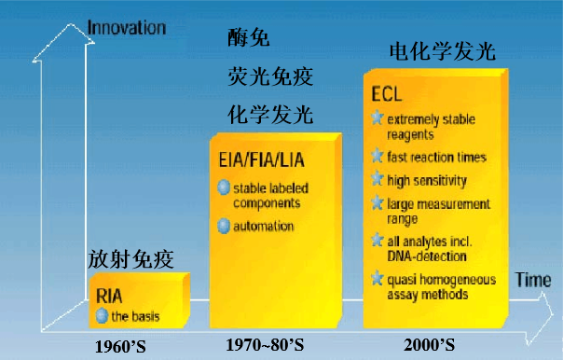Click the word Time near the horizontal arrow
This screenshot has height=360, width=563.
534,280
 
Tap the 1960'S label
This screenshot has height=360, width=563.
133,346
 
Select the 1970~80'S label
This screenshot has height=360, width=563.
265,346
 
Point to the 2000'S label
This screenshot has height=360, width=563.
429,346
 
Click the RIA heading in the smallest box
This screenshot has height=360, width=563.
110,296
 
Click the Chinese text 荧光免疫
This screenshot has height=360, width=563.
270,76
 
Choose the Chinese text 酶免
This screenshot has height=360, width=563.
249,38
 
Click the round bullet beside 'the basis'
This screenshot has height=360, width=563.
103,316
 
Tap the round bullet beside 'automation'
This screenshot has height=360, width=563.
224,226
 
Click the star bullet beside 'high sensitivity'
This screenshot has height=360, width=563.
377,180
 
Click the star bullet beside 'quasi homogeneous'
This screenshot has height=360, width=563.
377,278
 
